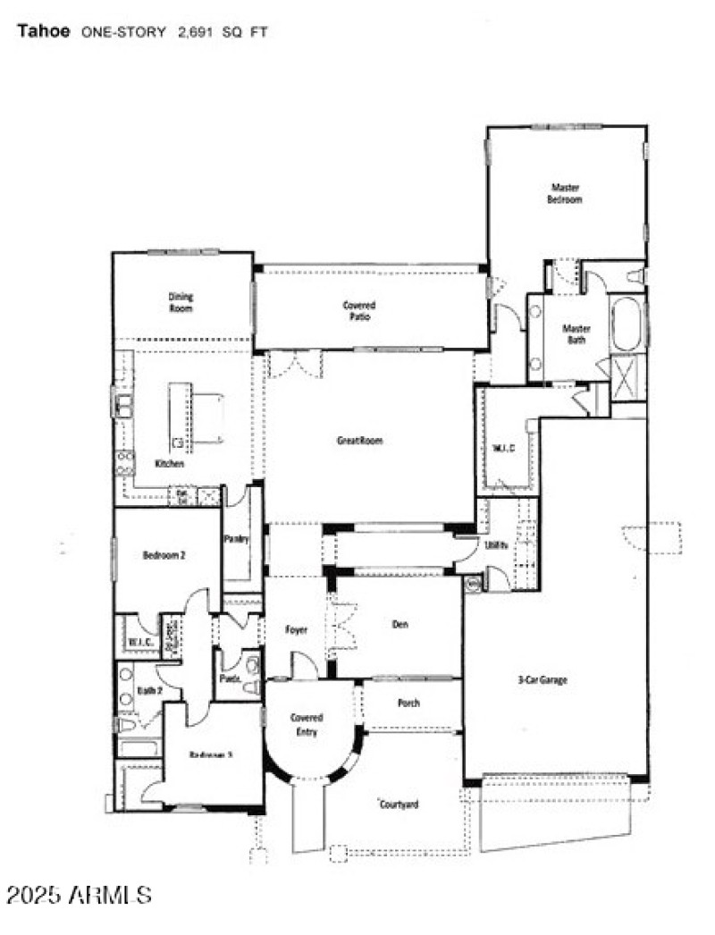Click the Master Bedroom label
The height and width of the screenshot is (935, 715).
565,194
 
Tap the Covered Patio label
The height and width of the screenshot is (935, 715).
358,311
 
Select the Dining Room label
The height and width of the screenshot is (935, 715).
181,302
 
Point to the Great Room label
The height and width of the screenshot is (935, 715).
359,440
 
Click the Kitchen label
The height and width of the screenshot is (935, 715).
170,464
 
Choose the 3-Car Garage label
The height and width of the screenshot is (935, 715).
543,680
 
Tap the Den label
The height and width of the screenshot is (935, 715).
400,625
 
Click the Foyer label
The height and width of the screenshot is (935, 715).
296,630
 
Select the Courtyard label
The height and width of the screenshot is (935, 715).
398,804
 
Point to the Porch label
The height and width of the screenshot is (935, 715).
408,703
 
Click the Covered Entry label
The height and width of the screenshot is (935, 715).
307,725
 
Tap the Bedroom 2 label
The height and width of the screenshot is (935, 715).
164,555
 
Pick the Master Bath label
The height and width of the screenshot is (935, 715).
576,334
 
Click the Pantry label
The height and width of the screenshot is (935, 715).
236,539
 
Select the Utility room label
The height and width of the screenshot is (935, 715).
497,544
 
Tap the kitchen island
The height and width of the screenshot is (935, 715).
181,414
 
